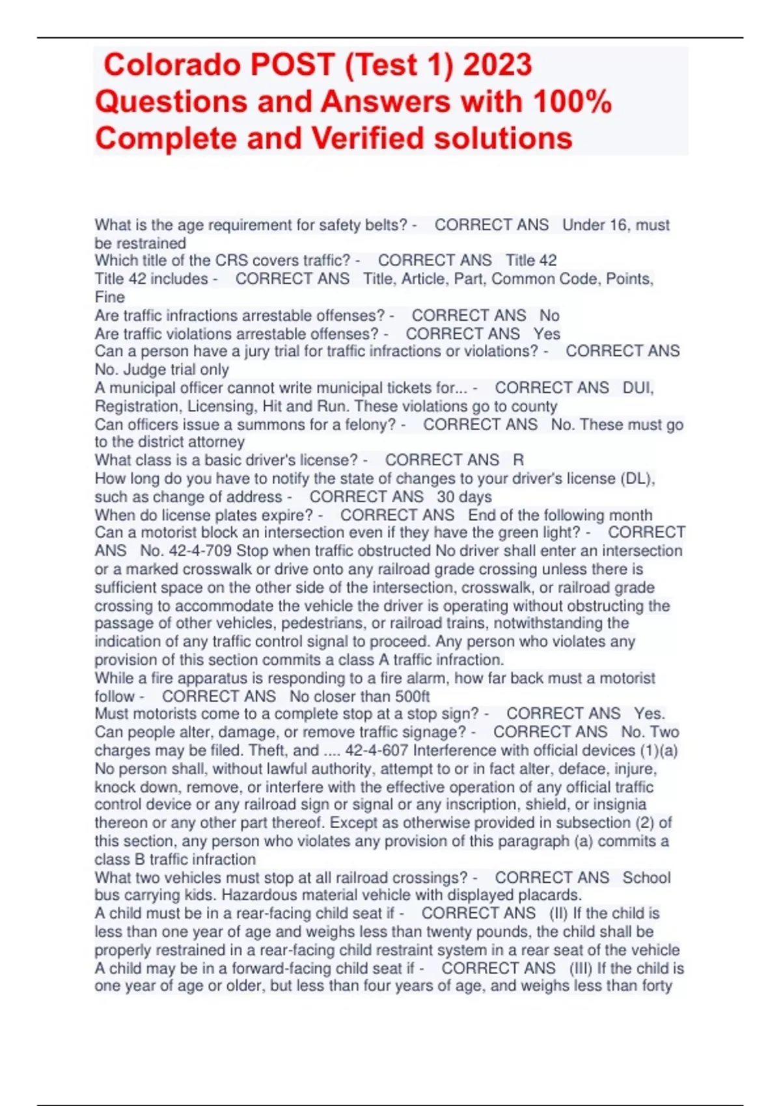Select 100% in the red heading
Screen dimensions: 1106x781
pos(572,102)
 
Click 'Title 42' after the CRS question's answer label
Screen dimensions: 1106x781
pos(531,260)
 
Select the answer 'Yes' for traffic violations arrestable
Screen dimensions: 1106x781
pos(547,334)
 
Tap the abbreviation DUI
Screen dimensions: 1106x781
pos(637,388)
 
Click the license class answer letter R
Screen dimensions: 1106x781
pos(519,460)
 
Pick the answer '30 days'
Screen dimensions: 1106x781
pos(464,497)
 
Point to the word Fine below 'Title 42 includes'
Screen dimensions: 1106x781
pos(109,297)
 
